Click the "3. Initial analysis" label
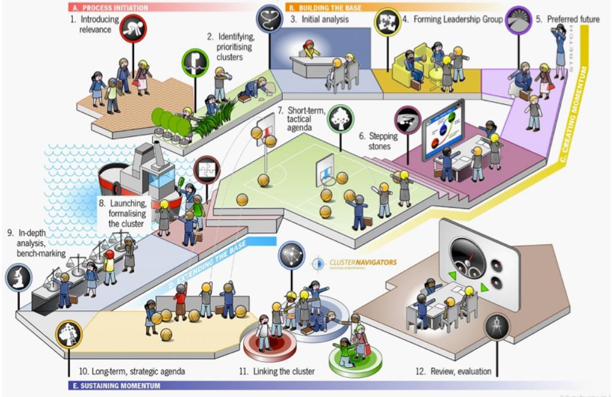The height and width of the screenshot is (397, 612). [x=319, y=19]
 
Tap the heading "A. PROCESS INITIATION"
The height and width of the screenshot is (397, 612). [x=109, y=8]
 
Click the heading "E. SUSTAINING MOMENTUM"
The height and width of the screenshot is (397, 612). [x=114, y=386]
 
